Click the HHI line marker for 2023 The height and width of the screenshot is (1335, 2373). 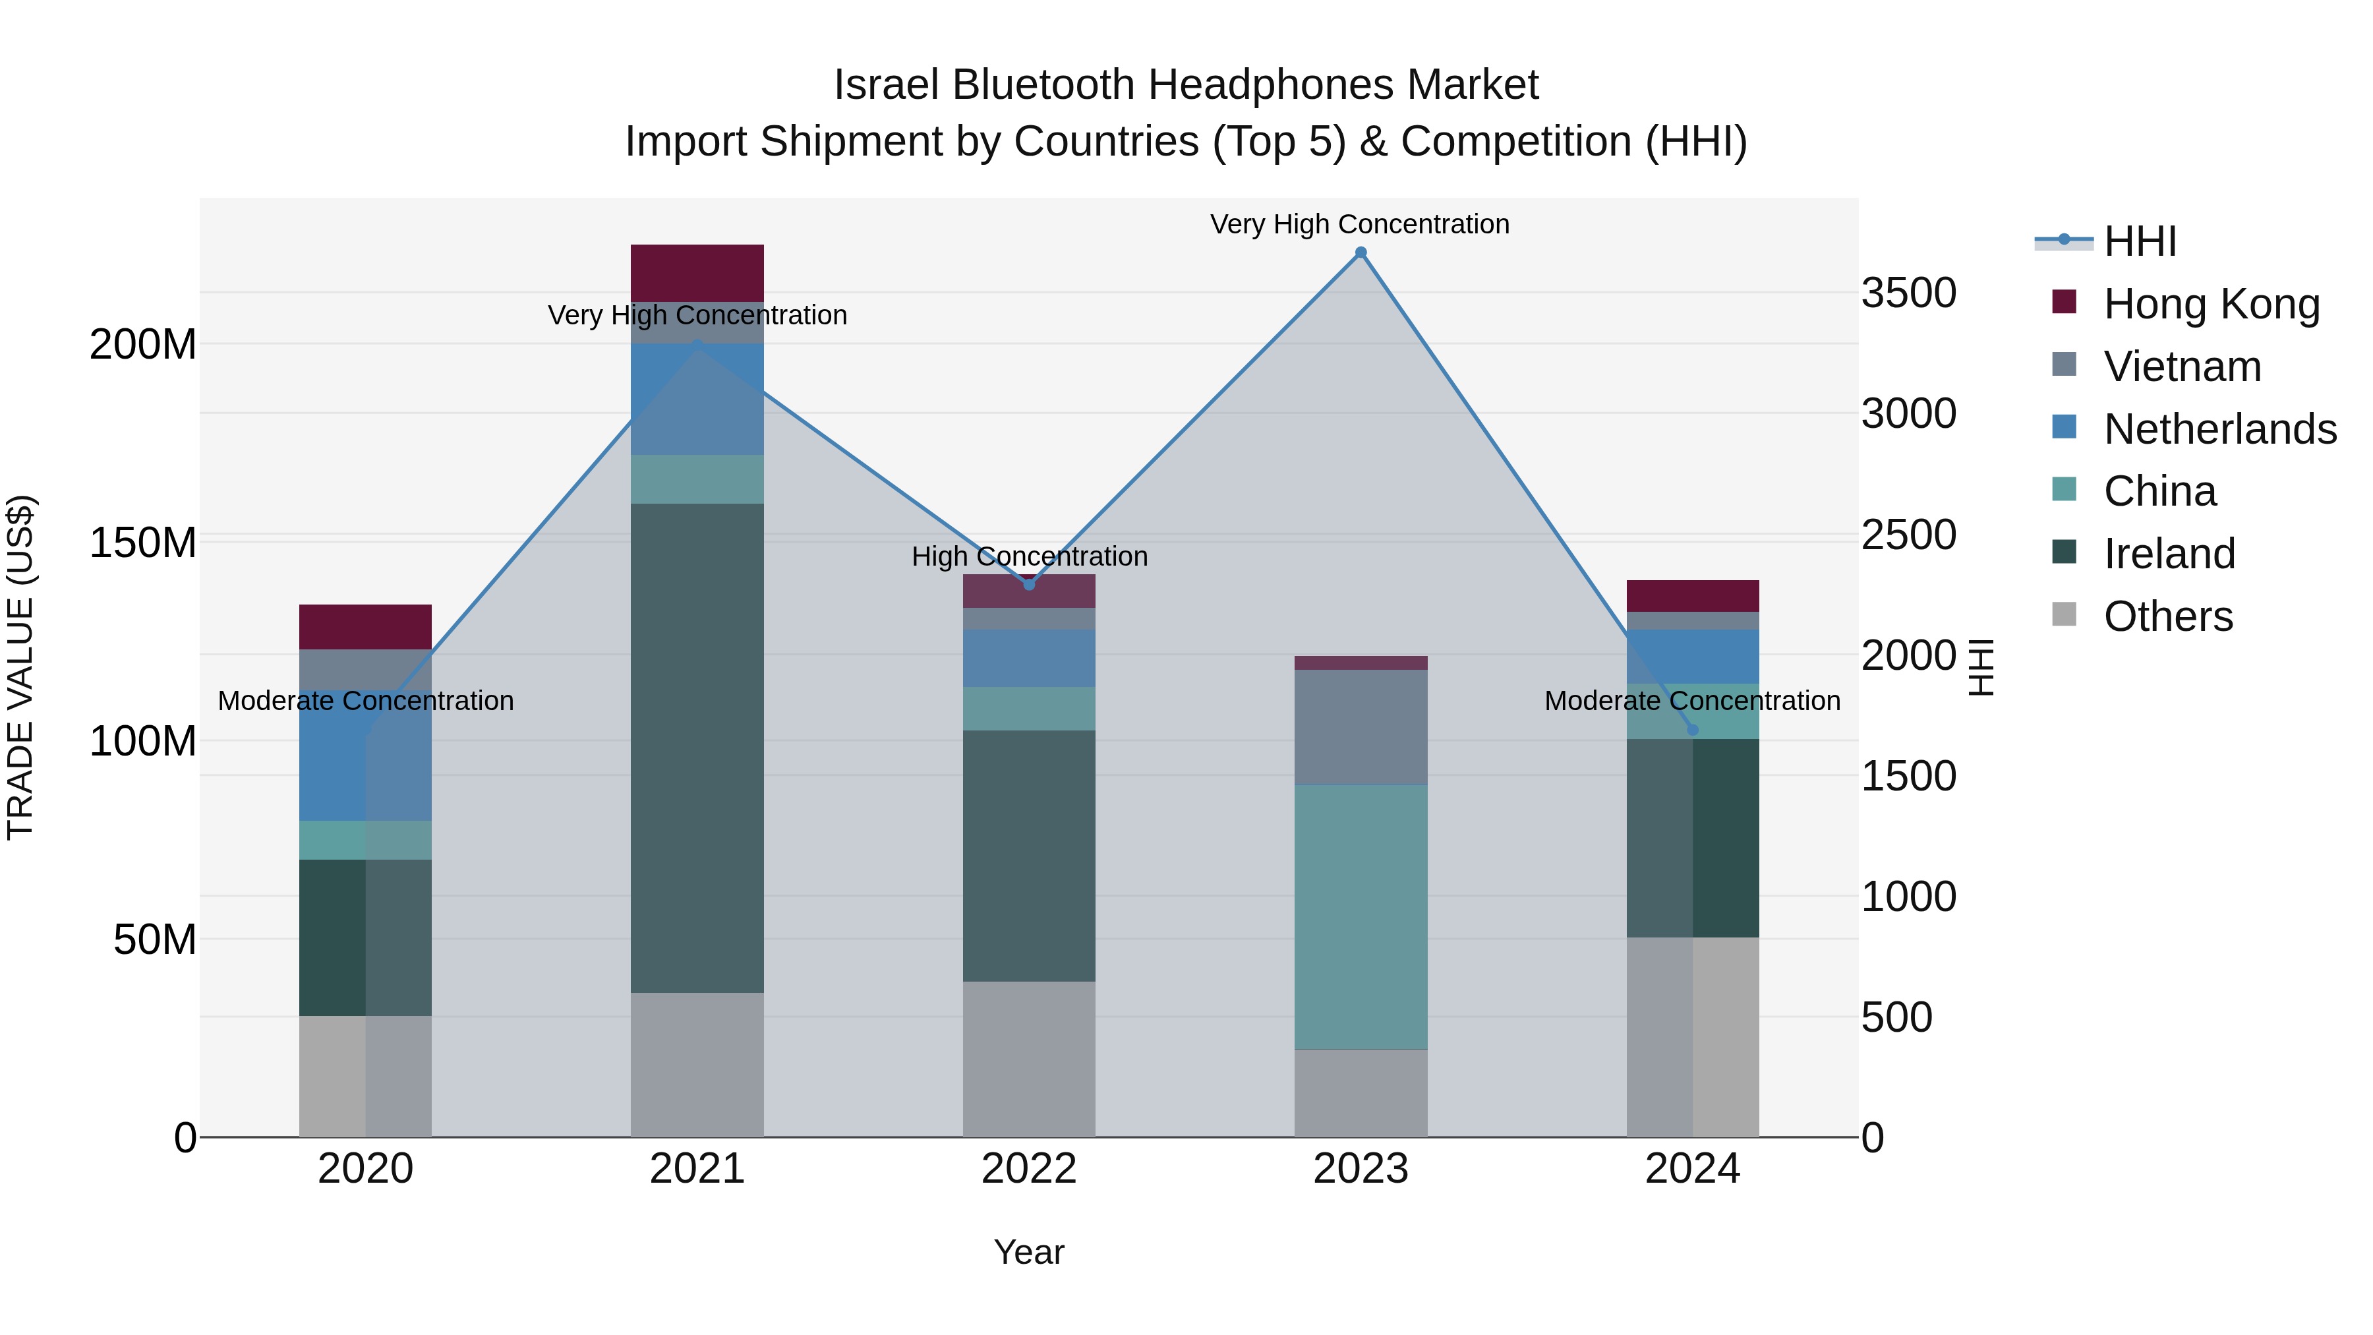tap(1361, 252)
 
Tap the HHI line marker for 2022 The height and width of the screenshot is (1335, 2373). tap(1029, 584)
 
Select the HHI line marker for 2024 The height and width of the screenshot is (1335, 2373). tap(1692, 730)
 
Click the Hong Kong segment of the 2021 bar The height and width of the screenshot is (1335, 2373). tap(697, 273)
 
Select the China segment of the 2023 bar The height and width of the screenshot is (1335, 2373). tap(1361, 917)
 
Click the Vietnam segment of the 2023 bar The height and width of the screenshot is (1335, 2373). tap(1361, 727)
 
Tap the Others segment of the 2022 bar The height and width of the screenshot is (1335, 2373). tap(1029, 1059)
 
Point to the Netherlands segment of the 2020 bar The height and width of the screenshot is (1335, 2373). tap(366, 756)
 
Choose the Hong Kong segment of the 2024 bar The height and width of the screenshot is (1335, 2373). tap(1692, 596)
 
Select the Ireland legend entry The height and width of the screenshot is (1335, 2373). tap(2169, 554)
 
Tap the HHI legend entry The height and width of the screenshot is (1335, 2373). tap(2140, 241)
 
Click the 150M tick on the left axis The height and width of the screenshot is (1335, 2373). tap(143, 543)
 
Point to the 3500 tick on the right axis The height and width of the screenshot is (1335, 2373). tap(1909, 293)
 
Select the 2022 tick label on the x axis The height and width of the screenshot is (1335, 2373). tap(1029, 1169)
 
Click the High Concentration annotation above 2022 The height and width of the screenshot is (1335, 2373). tap(1029, 556)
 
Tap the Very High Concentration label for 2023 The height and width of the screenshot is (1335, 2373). tap(1360, 224)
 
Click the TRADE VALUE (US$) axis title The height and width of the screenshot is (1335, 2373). tap(20, 667)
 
